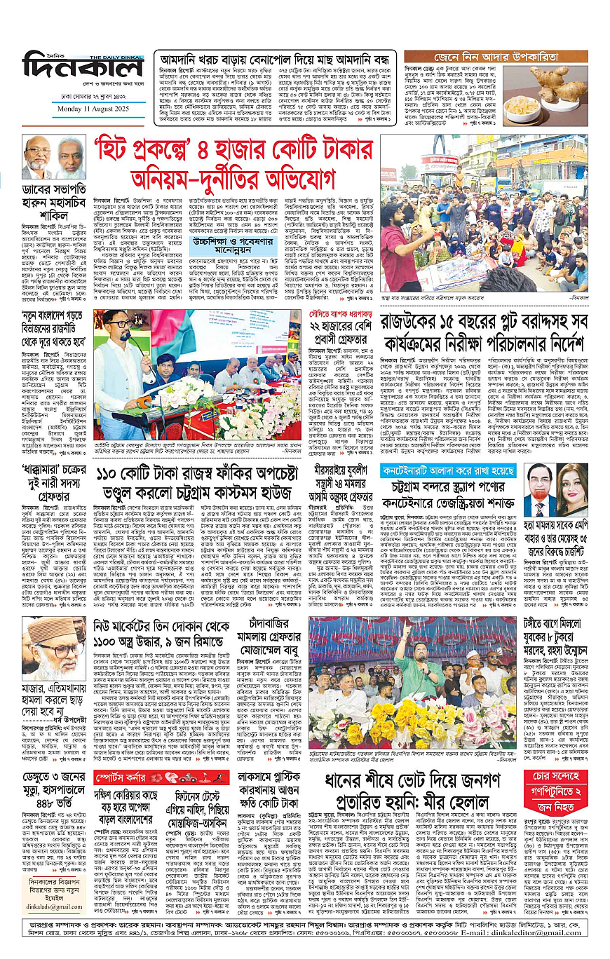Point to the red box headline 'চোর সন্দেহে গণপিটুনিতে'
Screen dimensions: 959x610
tap(557, 782)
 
